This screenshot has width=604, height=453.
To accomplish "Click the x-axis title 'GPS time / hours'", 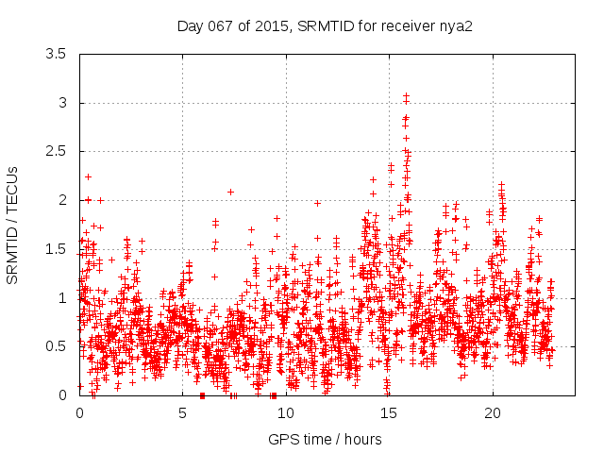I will (325, 439).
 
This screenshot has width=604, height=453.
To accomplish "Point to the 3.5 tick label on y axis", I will (56, 54).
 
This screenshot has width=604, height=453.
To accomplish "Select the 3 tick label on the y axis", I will (62, 103).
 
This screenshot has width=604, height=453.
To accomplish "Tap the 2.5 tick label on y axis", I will (56, 152).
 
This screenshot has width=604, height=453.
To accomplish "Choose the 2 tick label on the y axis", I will (62, 200).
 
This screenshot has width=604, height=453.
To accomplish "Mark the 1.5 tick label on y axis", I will (56, 249).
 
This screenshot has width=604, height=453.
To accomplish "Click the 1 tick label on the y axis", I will (62, 298).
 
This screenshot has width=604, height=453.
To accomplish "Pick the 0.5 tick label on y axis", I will (56, 346).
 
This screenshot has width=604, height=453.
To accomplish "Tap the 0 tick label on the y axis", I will (62, 395).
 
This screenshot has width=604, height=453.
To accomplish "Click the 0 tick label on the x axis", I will (79, 413).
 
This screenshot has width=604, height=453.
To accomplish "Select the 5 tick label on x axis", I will (183, 413).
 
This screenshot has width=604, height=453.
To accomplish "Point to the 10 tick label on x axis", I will (286, 413).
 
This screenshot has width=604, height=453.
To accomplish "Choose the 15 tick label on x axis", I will (389, 413).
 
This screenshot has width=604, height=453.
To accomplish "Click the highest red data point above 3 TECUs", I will (406, 96).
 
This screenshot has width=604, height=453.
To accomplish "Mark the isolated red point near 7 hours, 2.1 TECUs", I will (230, 192).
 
